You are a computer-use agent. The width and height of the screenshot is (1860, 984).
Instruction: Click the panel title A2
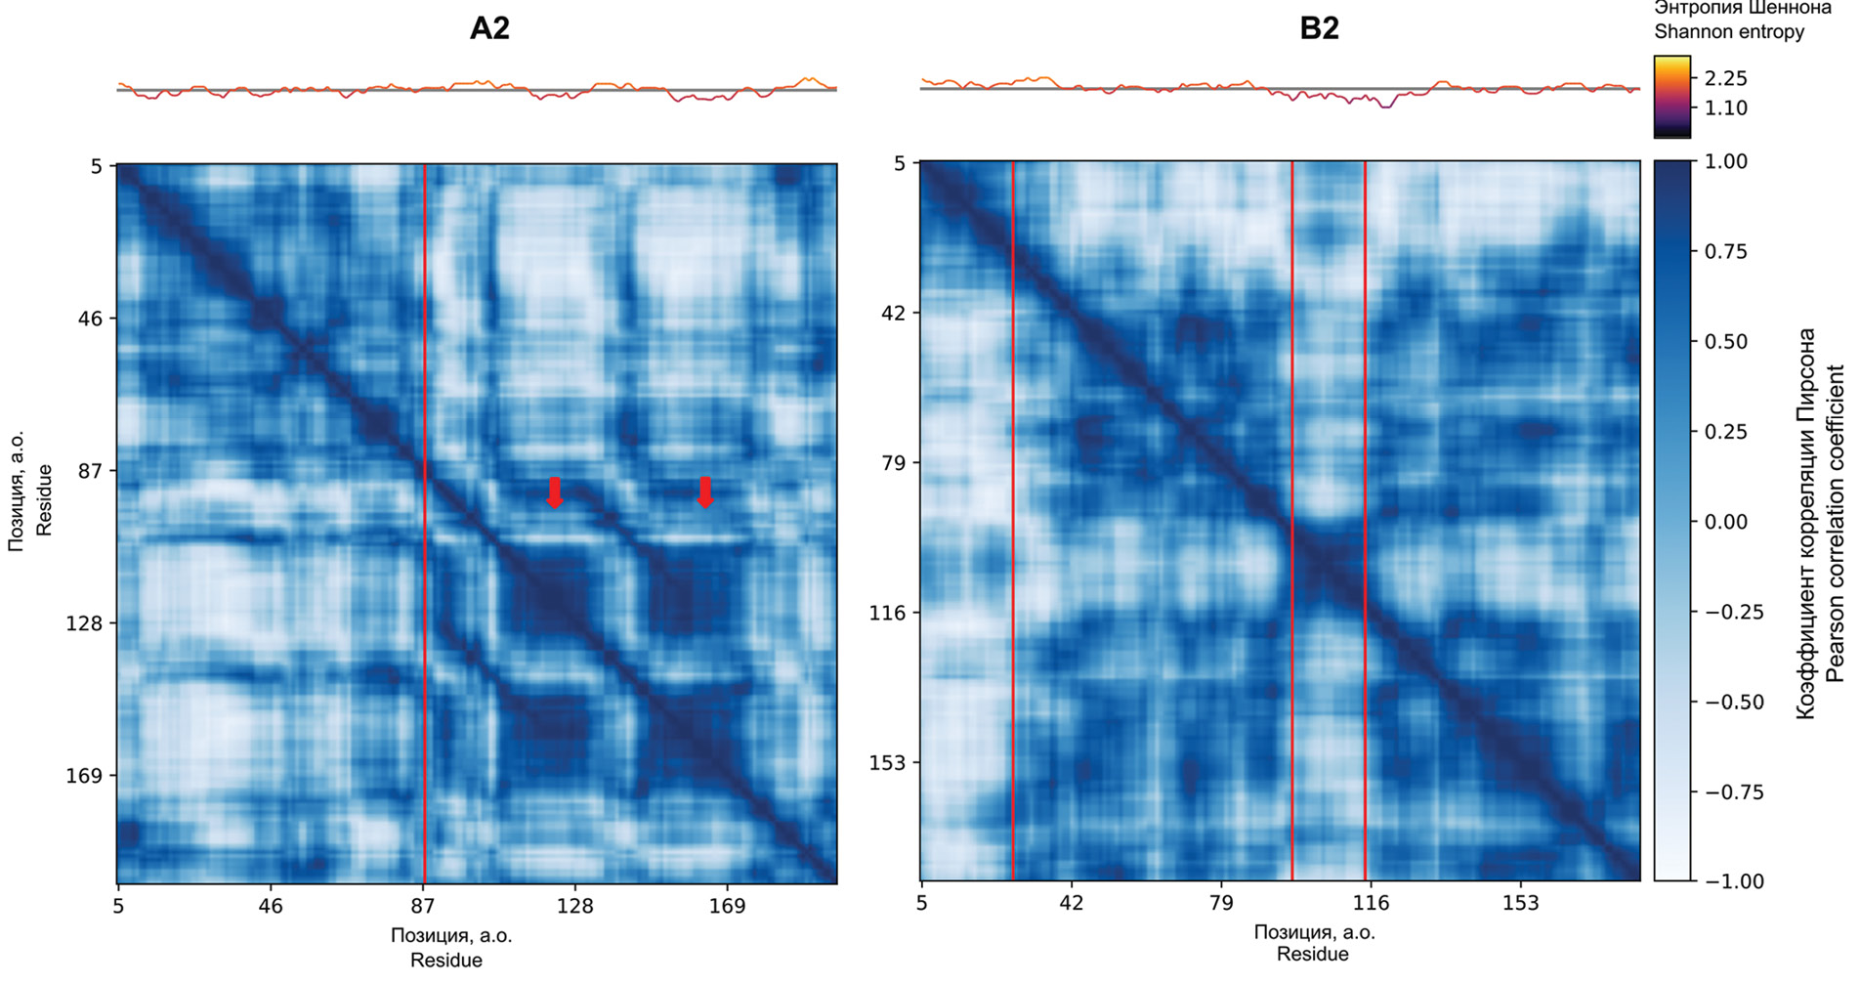point(489,28)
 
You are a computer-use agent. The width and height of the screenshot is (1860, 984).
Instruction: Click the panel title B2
point(1319,28)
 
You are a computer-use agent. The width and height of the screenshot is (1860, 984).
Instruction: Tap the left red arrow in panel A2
point(554,492)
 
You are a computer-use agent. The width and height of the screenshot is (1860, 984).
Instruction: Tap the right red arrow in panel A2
point(705,492)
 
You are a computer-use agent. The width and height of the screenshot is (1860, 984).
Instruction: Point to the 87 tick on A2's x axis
point(423,906)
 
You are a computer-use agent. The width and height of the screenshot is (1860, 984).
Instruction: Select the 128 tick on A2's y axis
point(84,623)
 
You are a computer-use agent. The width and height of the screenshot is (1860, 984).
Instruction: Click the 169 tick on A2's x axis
point(727,906)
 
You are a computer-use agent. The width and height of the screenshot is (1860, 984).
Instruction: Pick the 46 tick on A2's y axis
point(90,319)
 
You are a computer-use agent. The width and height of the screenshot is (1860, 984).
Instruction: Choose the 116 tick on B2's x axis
point(1371,903)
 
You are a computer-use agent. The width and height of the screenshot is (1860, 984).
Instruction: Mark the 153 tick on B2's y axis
point(888,762)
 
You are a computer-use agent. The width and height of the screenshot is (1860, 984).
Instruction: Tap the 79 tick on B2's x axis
point(1221,903)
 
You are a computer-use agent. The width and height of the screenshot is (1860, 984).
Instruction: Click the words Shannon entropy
point(1728,31)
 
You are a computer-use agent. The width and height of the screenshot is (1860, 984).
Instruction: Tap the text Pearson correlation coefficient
point(1835,523)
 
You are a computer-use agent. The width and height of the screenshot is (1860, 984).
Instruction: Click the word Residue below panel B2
point(1313,954)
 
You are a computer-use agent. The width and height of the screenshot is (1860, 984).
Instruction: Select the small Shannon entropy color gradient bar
point(1671,96)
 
